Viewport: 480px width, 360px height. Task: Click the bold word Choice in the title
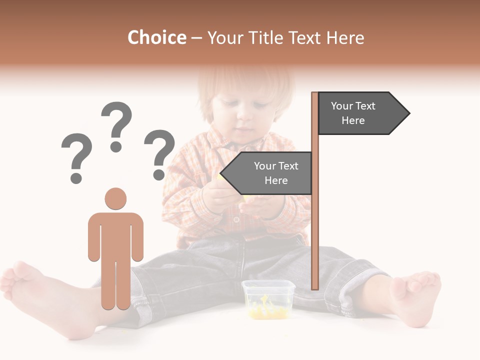(x=156, y=37)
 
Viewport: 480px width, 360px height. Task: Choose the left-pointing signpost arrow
(x=267, y=173)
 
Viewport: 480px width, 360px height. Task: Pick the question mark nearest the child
(x=159, y=154)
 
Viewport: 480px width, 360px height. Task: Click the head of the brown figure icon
(x=115, y=198)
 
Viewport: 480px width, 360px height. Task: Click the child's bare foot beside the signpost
(x=415, y=297)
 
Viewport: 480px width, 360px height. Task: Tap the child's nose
(x=245, y=117)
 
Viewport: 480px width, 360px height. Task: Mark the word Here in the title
(x=345, y=37)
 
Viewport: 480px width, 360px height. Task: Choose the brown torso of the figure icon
(x=115, y=235)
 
